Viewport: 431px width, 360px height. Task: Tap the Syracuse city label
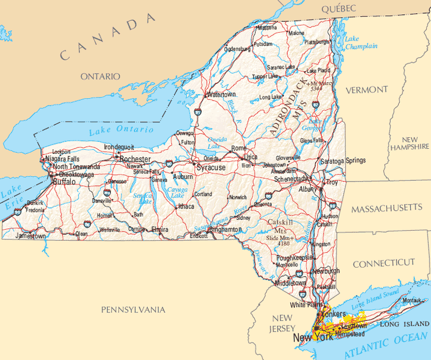pos(210,168)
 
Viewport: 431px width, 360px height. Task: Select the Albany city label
pos(308,189)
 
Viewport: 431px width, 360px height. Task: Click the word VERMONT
pos(367,90)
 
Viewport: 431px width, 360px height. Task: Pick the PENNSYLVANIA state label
pos(133,309)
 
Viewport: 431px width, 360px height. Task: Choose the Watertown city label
pos(221,94)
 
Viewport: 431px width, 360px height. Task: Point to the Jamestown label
pos(30,236)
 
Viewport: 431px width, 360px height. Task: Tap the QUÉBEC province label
pos(338,8)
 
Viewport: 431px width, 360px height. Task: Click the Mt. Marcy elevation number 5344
pos(316,89)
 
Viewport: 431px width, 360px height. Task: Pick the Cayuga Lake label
pos(176,192)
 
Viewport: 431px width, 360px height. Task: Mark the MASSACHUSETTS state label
pos(387,207)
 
